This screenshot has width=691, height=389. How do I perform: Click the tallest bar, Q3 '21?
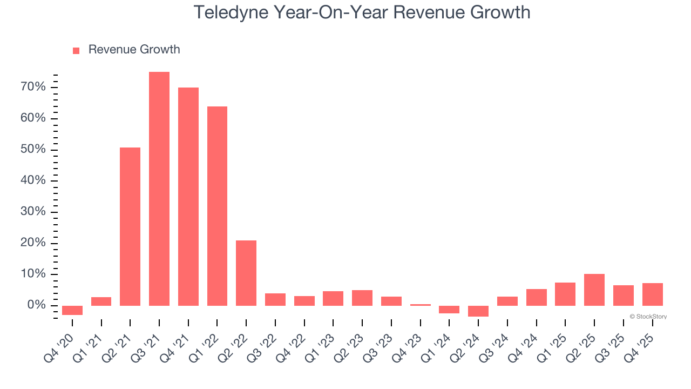tap(159, 189)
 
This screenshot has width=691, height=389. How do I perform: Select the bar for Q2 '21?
tap(130, 226)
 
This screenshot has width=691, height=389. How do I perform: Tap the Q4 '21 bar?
tap(188, 197)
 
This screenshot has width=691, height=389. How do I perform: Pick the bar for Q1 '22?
tap(217, 206)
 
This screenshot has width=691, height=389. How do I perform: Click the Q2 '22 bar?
tap(246, 273)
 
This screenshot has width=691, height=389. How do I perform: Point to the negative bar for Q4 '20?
tap(72, 310)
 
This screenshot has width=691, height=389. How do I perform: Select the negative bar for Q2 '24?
tap(478, 311)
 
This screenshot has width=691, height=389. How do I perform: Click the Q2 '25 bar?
tap(594, 290)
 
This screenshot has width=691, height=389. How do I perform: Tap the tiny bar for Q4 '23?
tap(421, 305)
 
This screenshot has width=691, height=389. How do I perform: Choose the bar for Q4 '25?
tap(652, 294)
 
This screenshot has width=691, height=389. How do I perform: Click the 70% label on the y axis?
tap(33, 87)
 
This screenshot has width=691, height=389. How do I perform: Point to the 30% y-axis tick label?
tap(33, 212)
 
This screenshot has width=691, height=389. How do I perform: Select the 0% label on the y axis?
tap(37, 305)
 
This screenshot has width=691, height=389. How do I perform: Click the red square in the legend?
tap(76, 50)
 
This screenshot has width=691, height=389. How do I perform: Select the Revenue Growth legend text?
tap(134, 50)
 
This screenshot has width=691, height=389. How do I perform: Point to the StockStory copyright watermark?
tap(648, 317)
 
